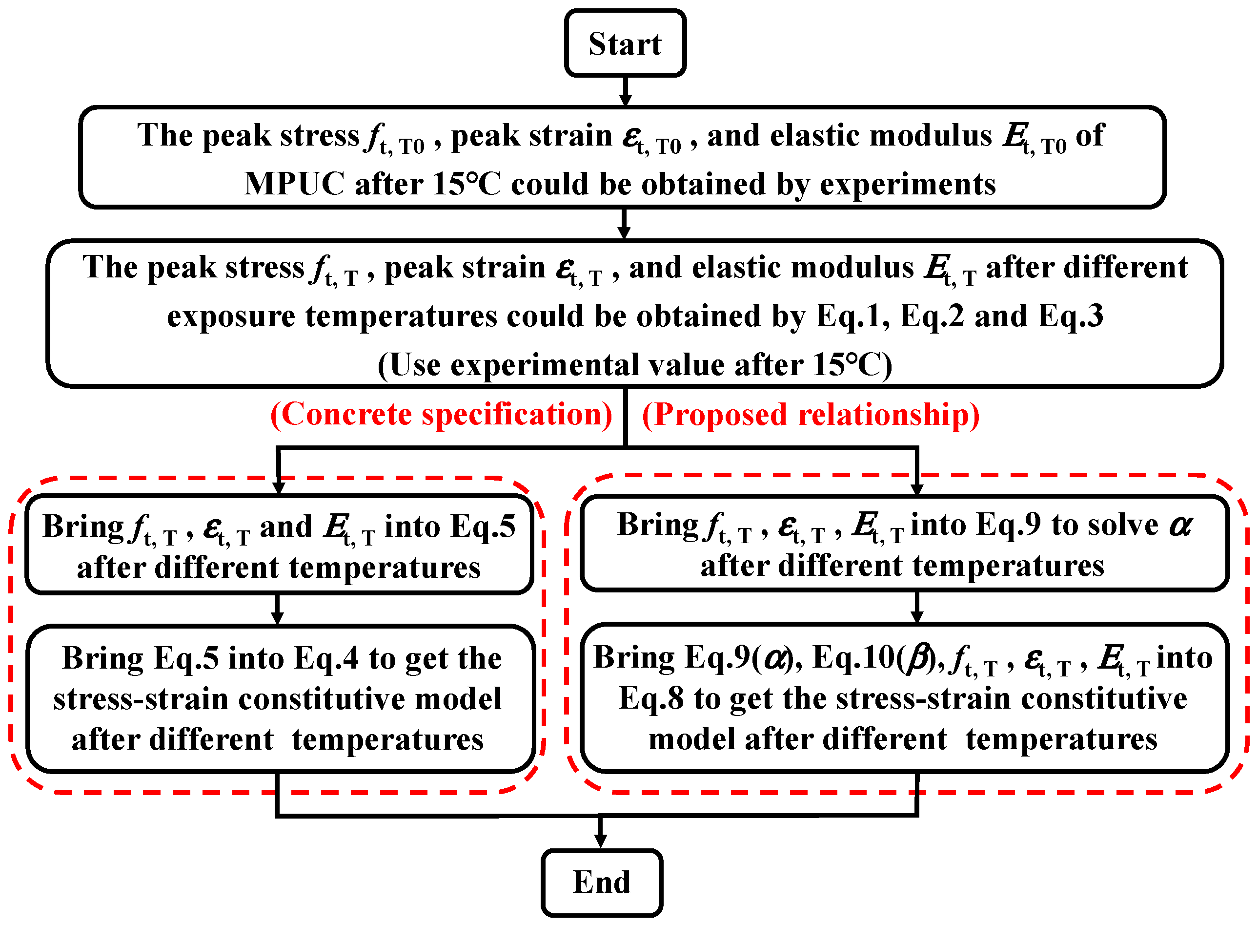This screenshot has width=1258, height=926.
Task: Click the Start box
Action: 625,43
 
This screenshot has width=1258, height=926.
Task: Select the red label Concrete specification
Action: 441,414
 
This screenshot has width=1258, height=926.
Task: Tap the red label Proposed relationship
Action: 811,415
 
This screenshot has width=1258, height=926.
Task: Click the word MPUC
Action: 294,184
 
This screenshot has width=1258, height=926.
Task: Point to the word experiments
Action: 907,184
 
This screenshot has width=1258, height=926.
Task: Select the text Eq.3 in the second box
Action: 1070,316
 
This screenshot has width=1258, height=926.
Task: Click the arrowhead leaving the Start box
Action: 625,99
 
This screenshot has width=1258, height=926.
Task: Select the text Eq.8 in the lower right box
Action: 651,698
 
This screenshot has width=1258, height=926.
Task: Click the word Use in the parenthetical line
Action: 415,365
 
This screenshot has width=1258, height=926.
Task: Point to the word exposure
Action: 231,316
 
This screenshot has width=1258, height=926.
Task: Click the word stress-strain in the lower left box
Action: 141,699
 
